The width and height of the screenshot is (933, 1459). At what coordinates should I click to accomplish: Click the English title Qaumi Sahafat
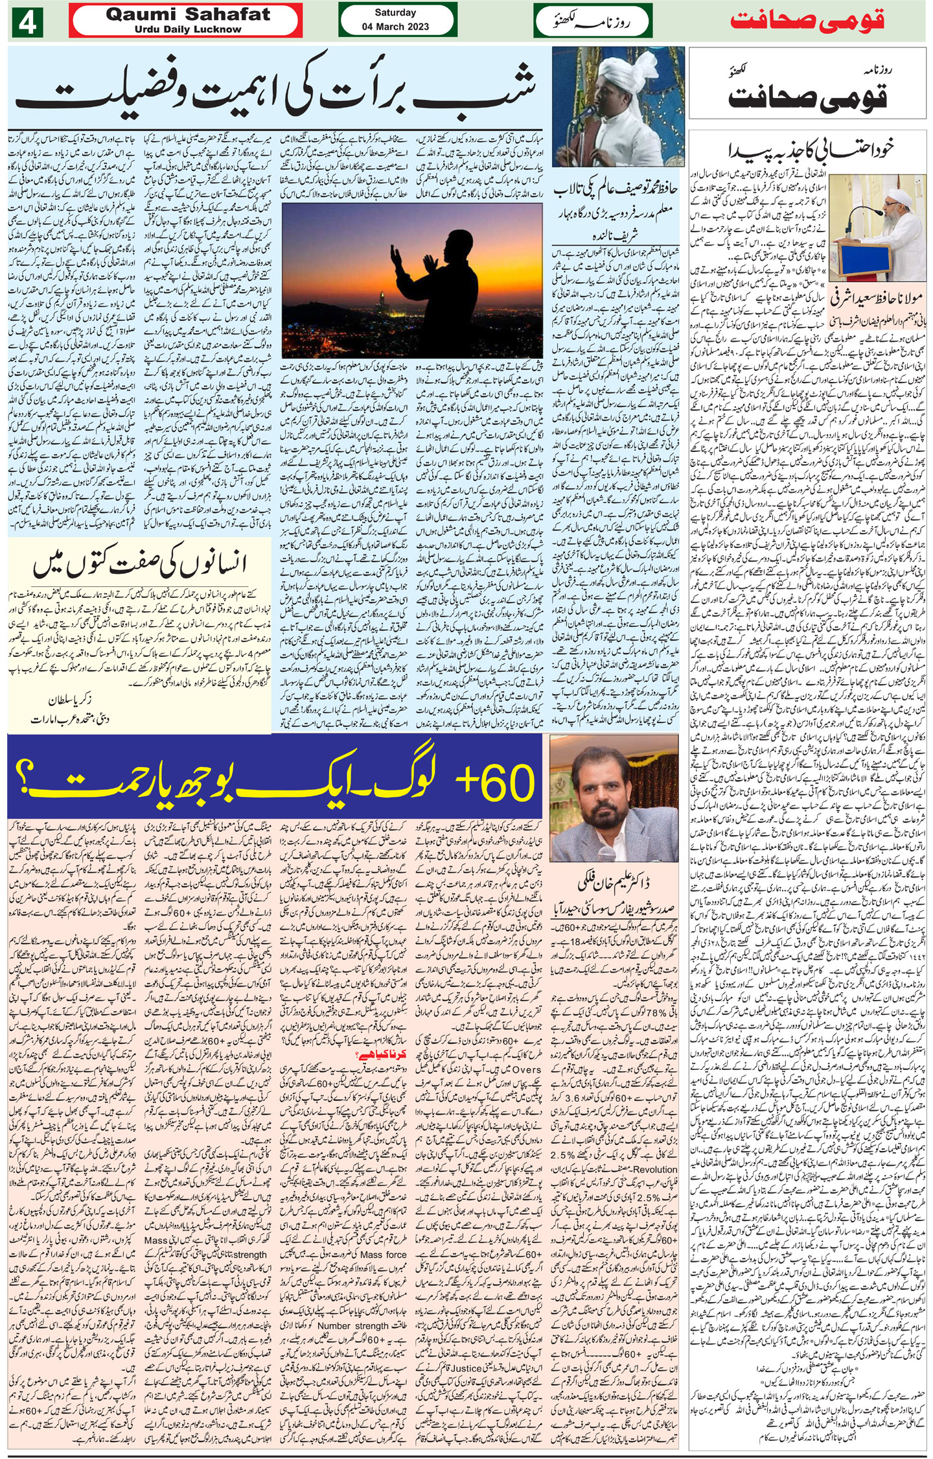(x=184, y=16)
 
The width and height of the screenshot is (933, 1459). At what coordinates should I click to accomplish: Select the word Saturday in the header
(x=395, y=12)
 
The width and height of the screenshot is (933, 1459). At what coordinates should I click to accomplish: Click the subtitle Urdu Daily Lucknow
(x=184, y=29)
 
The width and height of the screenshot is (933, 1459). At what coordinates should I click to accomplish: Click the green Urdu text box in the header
(x=592, y=21)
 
